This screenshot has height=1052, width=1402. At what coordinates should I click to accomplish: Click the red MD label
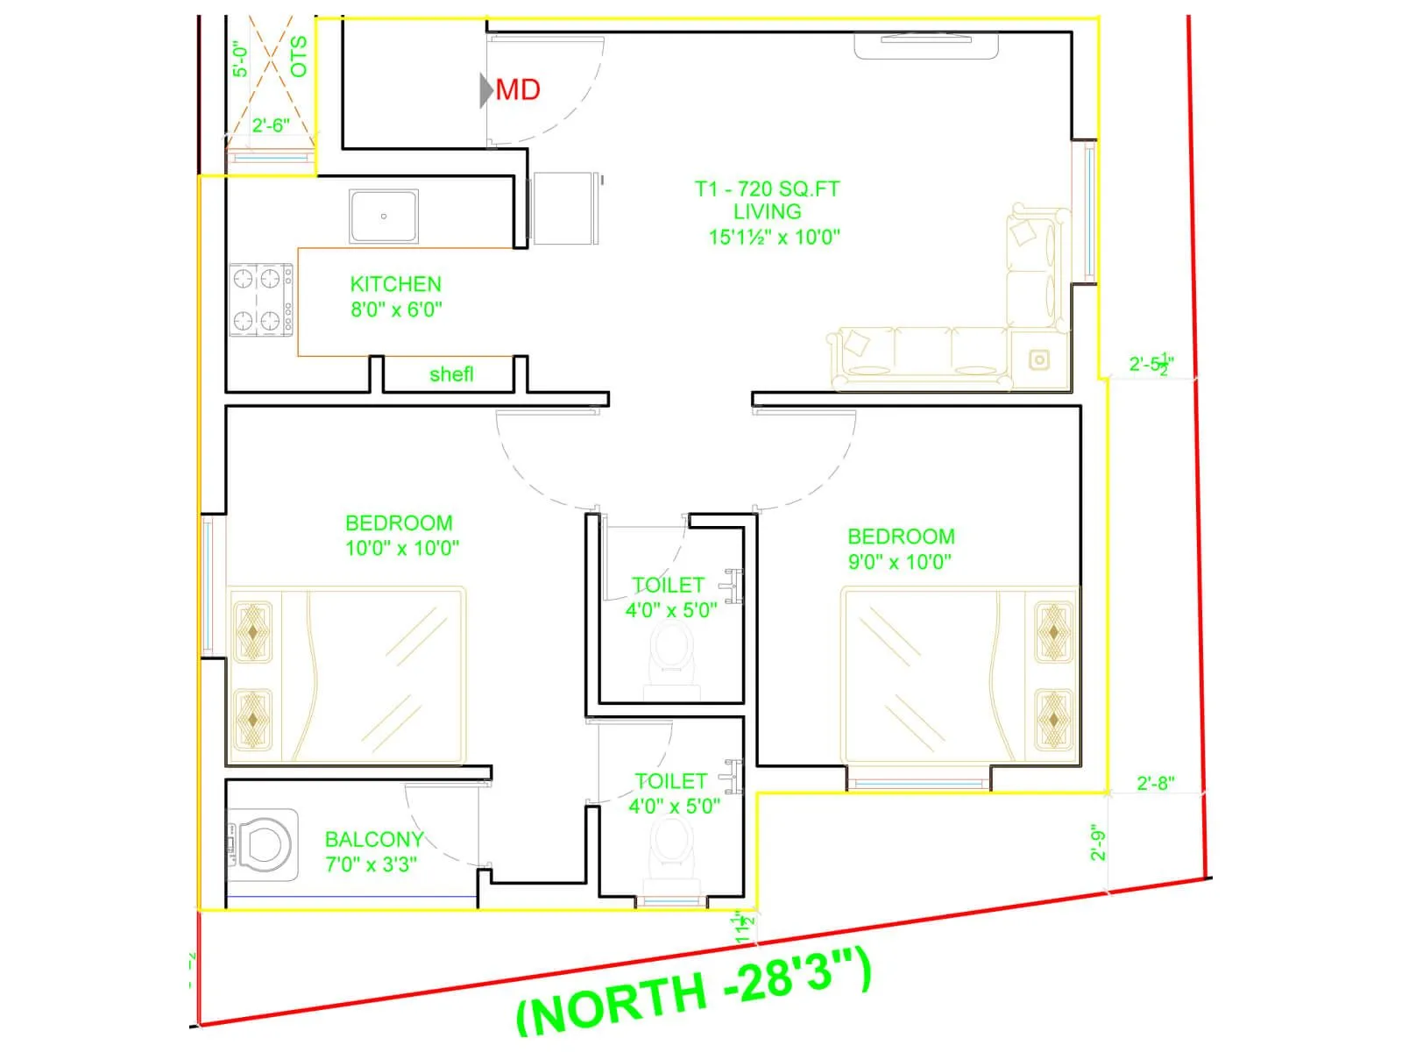517,89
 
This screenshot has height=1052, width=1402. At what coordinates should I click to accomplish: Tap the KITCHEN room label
395,284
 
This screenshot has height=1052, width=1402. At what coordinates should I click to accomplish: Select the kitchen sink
383,216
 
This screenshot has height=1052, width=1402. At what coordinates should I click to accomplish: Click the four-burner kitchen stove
261,300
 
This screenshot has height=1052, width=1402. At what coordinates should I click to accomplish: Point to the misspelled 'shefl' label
451,374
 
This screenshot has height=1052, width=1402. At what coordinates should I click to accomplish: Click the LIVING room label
767,211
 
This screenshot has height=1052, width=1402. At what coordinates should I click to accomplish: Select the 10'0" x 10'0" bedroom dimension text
402,548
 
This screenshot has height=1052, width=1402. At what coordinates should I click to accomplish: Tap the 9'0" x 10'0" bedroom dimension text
899,562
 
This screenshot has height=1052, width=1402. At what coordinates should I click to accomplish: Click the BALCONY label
374,839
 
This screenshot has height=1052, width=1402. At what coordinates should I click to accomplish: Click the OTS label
299,56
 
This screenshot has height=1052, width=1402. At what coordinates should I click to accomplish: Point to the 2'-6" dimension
271,125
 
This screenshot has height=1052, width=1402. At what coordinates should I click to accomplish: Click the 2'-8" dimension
1155,783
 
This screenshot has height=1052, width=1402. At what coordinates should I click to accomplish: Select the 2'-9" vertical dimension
1099,842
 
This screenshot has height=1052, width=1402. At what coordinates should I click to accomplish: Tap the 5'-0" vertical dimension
241,59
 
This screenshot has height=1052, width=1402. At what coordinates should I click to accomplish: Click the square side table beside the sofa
1039,359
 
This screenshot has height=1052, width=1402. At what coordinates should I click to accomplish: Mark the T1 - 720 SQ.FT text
767,188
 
